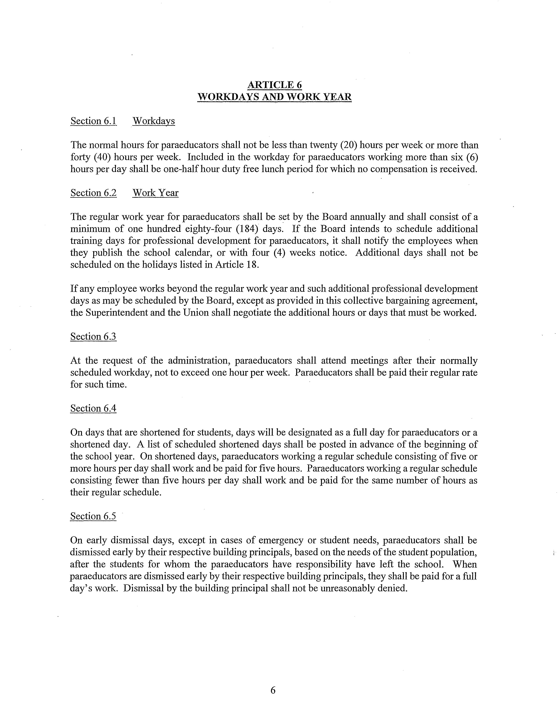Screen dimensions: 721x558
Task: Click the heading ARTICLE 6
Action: (274, 85)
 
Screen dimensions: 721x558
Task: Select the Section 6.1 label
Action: (93, 121)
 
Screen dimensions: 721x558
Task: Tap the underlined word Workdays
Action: (154, 121)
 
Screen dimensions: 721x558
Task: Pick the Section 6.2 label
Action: (93, 193)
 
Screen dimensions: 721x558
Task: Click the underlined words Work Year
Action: (155, 193)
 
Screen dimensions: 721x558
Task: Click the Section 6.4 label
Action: (93, 408)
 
